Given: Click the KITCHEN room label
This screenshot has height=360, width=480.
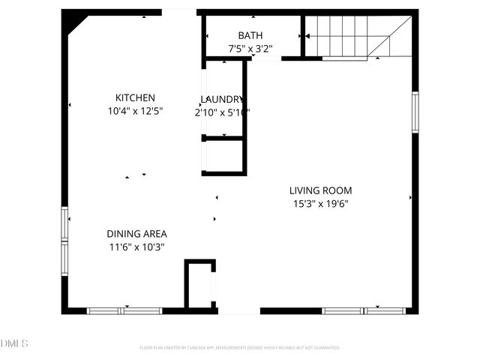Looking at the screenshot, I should pyautogui.click(x=135, y=97).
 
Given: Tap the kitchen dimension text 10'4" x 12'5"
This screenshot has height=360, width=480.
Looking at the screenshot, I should pyautogui.click(x=135, y=110).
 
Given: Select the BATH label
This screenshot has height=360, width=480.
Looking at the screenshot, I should pyautogui.click(x=250, y=35).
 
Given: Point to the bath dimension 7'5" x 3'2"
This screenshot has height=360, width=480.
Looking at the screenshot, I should pyautogui.click(x=250, y=49).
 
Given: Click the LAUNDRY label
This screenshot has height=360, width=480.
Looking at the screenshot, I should pyautogui.click(x=222, y=99).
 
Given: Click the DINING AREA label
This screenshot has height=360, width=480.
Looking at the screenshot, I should pyautogui.click(x=136, y=233).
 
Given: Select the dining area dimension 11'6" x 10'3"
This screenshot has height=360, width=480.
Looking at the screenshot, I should pyautogui.click(x=136, y=246).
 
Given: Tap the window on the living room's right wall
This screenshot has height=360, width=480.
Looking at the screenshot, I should pyautogui.click(x=415, y=112).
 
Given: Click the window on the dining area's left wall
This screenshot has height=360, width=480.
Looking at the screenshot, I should pyautogui.click(x=64, y=240).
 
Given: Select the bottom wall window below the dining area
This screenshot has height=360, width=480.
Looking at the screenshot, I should pyautogui.click(x=124, y=310).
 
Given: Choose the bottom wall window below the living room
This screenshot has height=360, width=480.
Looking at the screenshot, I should pyautogui.click(x=364, y=310).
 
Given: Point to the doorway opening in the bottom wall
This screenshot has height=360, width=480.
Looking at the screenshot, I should pyautogui.click(x=238, y=310).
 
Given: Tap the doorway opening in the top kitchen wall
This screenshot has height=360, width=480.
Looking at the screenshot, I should pyautogui.click(x=179, y=12).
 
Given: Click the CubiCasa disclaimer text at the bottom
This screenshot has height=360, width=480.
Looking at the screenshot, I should pyautogui.click(x=240, y=347).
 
